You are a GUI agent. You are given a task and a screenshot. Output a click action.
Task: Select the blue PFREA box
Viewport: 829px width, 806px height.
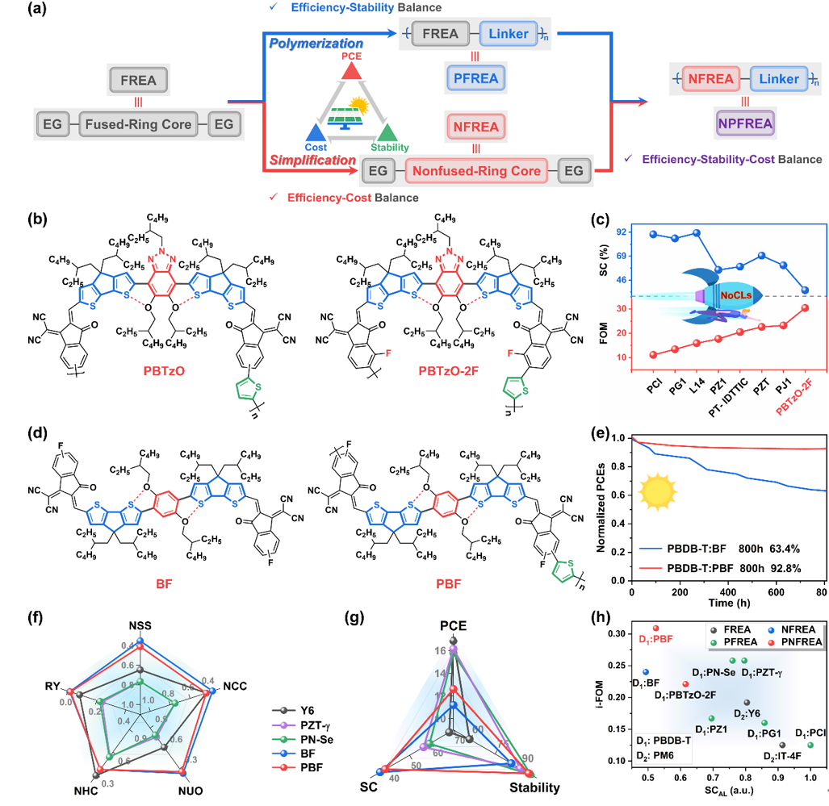pyautogui.click(x=476, y=79)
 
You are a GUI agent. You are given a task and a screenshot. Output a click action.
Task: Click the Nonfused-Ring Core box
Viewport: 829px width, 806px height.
pyautogui.click(x=476, y=171)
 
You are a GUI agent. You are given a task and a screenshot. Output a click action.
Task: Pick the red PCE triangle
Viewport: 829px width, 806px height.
pyautogui.click(x=350, y=71)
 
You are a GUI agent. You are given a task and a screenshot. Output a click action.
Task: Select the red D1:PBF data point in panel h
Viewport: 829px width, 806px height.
pyautogui.click(x=655, y=628)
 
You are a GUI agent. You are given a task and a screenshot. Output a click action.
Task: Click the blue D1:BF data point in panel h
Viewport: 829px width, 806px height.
pyautogui.click(x=646, y=672)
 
